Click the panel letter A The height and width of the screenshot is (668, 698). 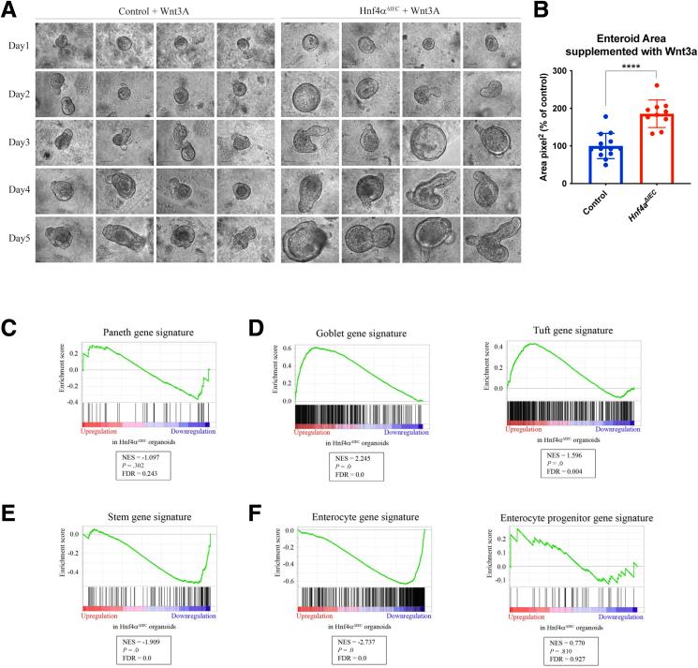10,10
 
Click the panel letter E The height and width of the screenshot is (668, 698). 10,488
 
